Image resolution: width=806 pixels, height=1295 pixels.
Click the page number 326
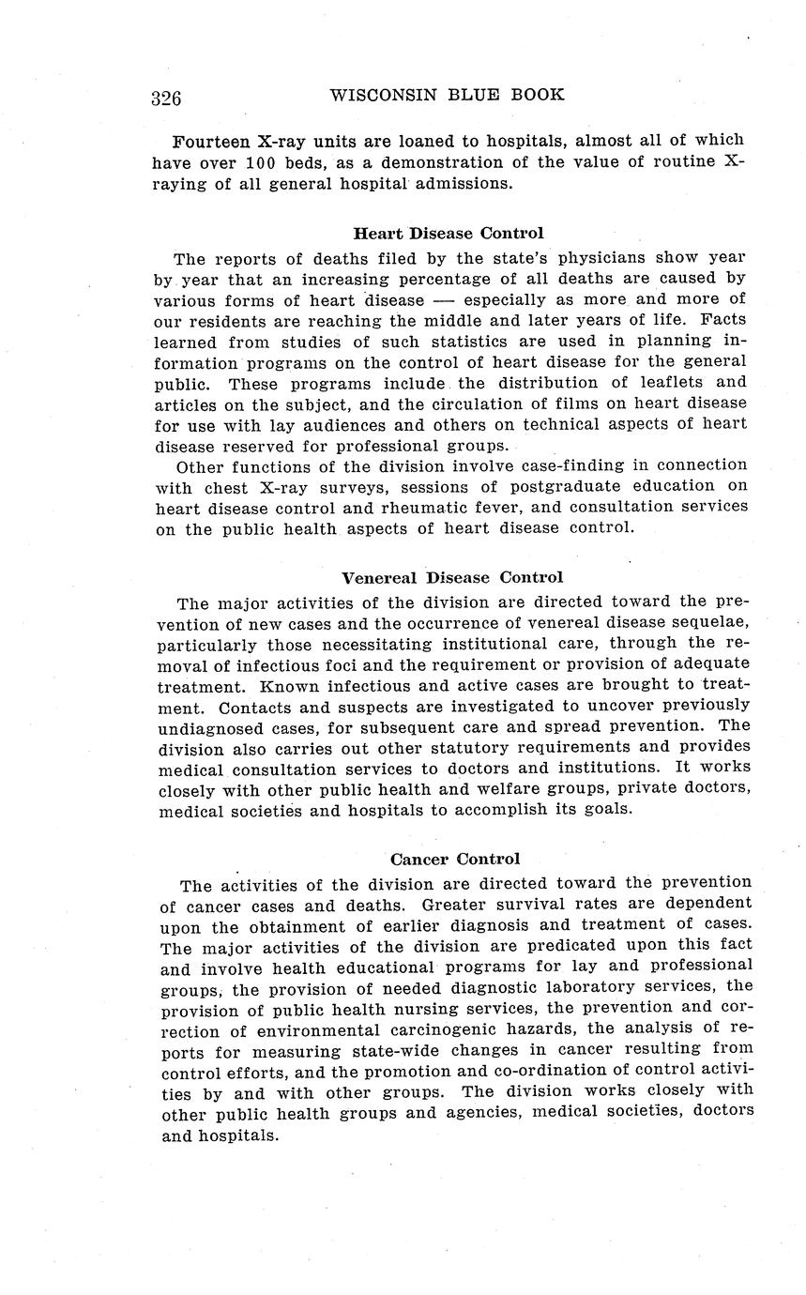tap(166, 98)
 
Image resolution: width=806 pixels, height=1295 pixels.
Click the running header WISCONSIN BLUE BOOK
tap(449, 95)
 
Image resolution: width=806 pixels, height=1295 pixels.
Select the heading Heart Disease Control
tap(448, 233)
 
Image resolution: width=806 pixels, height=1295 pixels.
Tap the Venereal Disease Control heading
tap(452, 577)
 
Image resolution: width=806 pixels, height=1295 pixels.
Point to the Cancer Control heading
tap(455, 859)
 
